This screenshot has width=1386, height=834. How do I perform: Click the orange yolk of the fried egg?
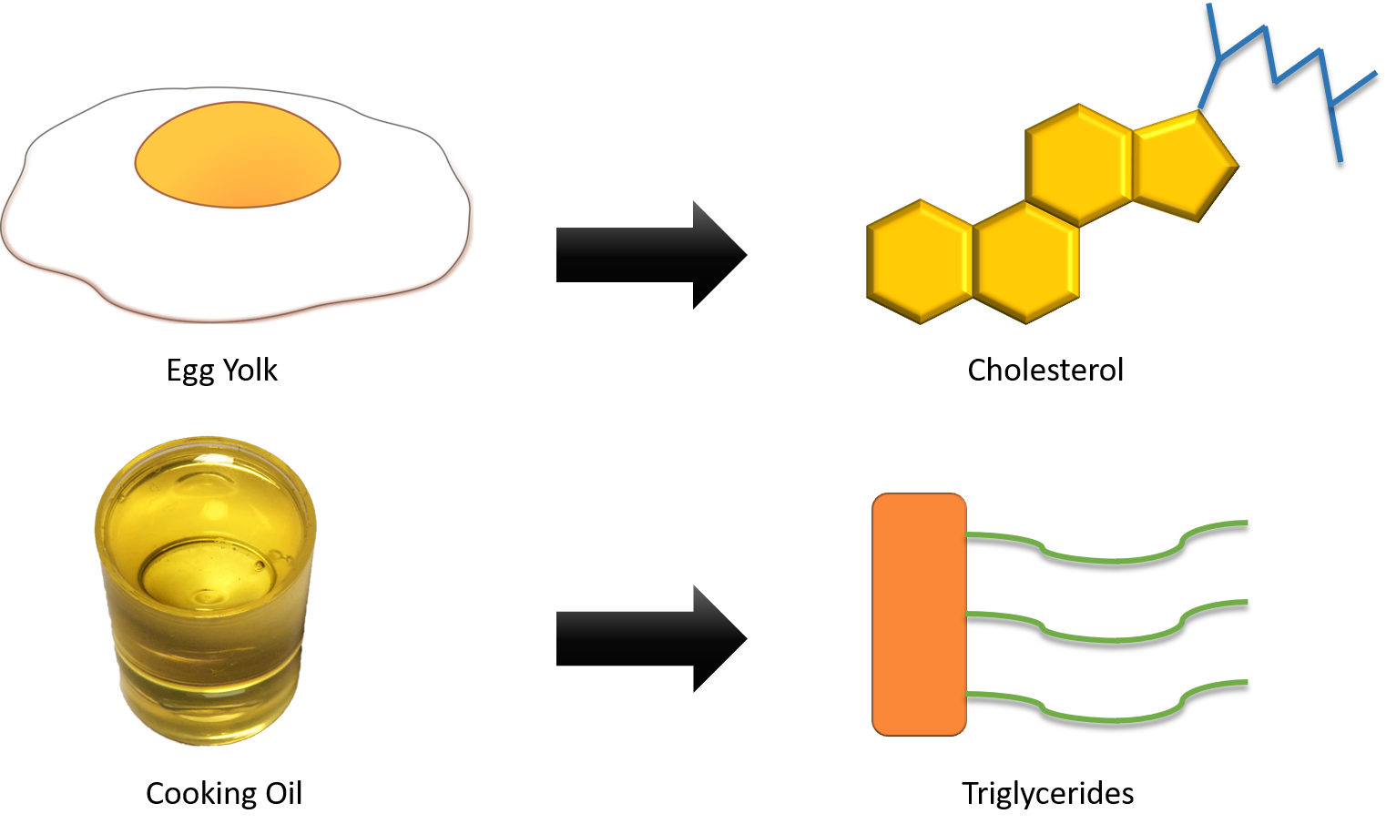coord(238,155)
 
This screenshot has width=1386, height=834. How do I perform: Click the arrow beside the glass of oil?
coord(637,637)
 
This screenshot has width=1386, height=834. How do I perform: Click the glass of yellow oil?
coord(205,601)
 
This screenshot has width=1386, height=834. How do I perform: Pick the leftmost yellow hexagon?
coord(921,261)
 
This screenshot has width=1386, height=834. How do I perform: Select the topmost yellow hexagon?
coord(1080,165)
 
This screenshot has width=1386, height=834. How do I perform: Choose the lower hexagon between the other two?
coord(1027,261)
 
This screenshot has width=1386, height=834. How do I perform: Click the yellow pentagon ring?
coord(1181,165)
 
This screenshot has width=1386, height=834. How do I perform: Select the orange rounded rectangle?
coord(919,614)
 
